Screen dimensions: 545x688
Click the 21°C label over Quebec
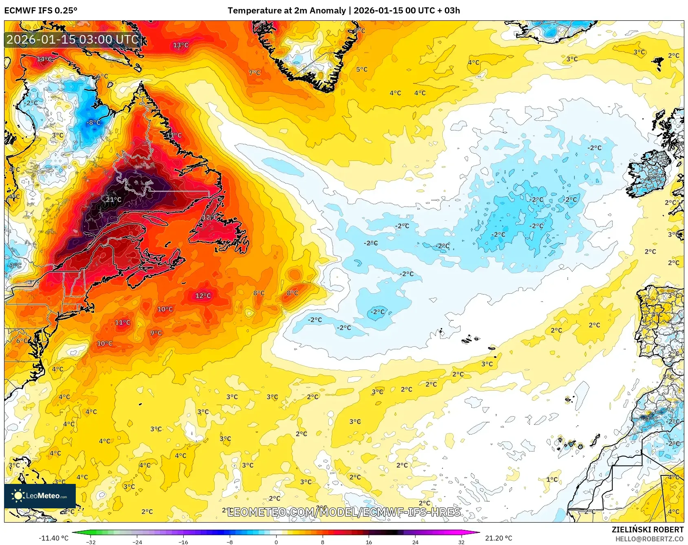[114, 200]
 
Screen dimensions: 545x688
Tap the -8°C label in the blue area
[93, 122]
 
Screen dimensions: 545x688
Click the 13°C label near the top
[181, 45]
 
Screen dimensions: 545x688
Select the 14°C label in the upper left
[44, 59]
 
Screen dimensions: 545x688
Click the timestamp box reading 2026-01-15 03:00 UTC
[73, 40]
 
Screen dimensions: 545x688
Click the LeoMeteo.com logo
[40, 496]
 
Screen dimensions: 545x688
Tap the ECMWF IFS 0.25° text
[41, 11]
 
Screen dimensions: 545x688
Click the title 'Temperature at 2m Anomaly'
[286, 11]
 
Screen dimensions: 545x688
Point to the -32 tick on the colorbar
[91, 542]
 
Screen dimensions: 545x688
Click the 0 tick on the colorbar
[276, 542]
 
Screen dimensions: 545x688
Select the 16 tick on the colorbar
[369, 542]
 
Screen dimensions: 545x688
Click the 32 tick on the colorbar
[461, 542]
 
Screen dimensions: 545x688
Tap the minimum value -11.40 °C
[53, 538]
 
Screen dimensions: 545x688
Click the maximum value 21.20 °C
[499, 538]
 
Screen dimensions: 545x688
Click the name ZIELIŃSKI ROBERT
[648, 530]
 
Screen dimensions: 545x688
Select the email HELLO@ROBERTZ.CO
[649, 539]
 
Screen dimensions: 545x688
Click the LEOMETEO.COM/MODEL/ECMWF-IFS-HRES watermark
[344, 512]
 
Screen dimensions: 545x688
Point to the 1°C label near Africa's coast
[552, 479]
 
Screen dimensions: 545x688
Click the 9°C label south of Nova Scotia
[156, 333]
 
